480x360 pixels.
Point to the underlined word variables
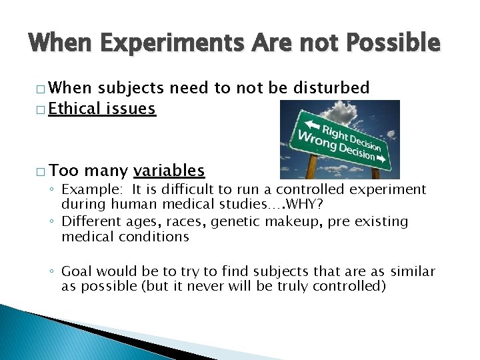pyautogui.click(x=169, y=171)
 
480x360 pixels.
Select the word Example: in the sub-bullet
pyautogui.click(x=91, y=190)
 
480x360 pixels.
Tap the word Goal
pyautogui.click(x=77, y=271)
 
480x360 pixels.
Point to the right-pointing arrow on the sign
pyautogui.click(x=381, y=159)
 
